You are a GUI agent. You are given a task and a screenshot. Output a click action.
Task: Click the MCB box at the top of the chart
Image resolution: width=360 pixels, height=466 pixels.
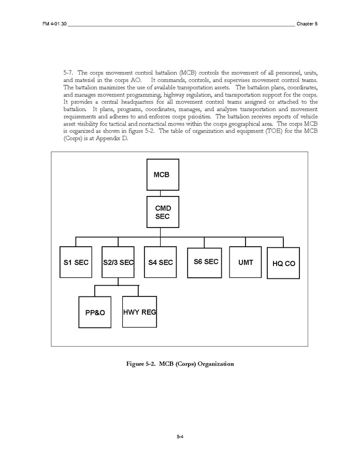tap(161, 175)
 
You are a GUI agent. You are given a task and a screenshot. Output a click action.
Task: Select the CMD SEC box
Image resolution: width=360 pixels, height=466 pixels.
tap(161, 212)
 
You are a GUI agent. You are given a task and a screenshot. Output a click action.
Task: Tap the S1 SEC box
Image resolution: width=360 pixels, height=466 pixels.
tap(76, 262)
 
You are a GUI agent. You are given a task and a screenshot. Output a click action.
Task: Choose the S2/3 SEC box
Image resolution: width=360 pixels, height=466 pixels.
tap(118, 262)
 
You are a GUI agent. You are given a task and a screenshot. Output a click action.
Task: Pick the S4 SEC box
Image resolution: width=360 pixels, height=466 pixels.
tap(160, 262)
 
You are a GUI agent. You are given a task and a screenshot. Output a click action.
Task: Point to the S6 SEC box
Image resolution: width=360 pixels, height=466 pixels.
tap(205, 262)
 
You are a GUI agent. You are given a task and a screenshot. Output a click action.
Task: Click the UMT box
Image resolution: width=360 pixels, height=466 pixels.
tap(246, 262)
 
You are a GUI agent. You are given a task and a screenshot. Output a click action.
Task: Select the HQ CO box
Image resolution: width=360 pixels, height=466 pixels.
tap(283, 263)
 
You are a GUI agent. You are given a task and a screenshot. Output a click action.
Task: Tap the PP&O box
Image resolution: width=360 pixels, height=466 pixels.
tap(95, 312)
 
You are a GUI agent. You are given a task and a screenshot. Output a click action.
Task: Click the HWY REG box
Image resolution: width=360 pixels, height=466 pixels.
tap(139, 312)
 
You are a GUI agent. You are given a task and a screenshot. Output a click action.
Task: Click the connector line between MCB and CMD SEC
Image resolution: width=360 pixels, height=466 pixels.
tap(161, 193)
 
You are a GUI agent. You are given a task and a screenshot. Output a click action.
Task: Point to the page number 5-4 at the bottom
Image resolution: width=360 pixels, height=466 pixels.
tap(180, 438)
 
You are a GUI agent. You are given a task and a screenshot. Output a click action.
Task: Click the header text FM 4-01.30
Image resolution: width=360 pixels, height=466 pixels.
tap(54, 24)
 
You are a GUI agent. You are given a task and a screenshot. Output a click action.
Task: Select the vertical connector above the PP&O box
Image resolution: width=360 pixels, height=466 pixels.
tap(95, 291)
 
